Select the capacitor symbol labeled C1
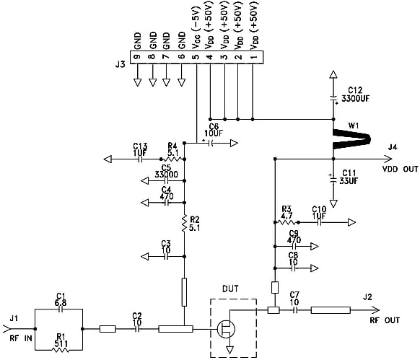pyautogui.click(x=61, y=310)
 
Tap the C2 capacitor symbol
pyautogui.click(x=137, y=330)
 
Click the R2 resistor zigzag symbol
pyautogui.click(x=185, y=224)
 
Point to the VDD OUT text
pyautogui.click(x=401, y=170)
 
